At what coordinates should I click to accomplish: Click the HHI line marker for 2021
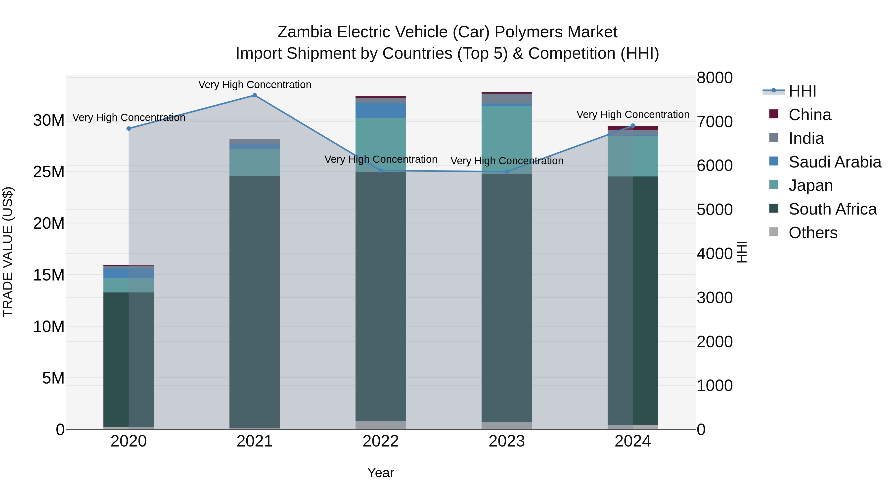click(x=255, y=95)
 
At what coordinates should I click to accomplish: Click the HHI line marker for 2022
click(x=380, y=171)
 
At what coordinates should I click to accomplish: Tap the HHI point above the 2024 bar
click(x=633, y=126)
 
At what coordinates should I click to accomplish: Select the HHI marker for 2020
click(x=129, y=128)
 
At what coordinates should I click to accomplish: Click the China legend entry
click(x=809, y=115)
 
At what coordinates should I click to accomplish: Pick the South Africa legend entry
click(x=832, y=209)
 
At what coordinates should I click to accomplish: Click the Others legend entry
click(x=813, y=233)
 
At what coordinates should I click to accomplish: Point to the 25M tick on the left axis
click(x=49, y=172)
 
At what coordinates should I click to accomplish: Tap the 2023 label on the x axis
click(x=507, y=441)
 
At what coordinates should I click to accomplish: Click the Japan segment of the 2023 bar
click(x=507, y=139)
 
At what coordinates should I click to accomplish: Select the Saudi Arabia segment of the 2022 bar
click(x=380, y=110)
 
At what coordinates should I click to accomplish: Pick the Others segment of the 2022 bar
click(x=380, y=425)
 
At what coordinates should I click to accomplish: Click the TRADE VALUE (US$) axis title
click(x=8, y=252)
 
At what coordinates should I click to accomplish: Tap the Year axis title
click(x=380, y=473)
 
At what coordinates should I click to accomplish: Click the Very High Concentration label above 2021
click(x=255, y=85)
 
